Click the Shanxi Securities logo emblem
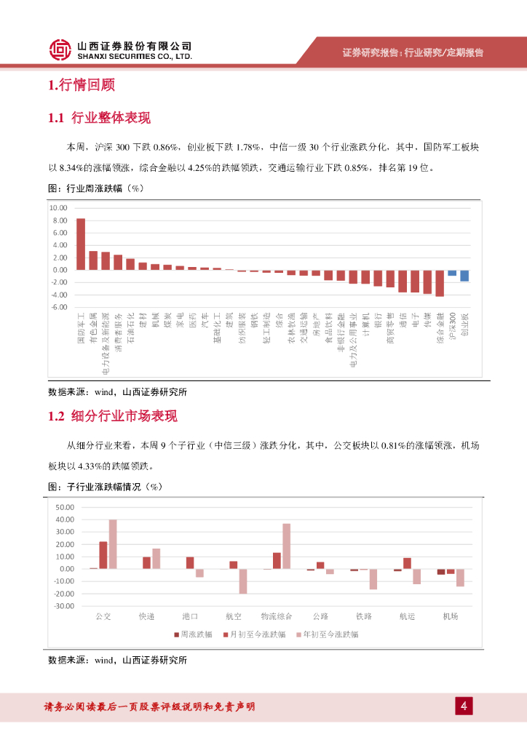click(60, 49)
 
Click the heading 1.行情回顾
click(81, 85)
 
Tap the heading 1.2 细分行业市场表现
click(112, 416)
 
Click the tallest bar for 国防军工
click(81, 244)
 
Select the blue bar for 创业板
click(464, 276)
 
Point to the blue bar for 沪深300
click(452, 273)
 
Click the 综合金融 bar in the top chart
click(440, 283)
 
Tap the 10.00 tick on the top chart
click(58, 208)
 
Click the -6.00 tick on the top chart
click(58, 307)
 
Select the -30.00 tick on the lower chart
click(65, 606)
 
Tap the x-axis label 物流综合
click(277, 616)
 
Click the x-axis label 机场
click(451, 616)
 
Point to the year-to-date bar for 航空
click(243, 581)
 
